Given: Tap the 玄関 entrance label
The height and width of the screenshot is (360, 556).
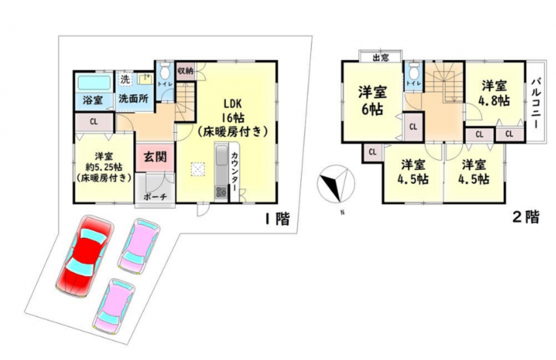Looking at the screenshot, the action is tap(155, 156).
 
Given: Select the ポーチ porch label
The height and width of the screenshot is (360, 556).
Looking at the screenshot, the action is tap(155, 197).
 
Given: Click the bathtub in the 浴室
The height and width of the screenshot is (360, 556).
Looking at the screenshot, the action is tap(94, 83).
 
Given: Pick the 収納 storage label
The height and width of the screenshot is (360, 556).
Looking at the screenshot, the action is tap(185, 70).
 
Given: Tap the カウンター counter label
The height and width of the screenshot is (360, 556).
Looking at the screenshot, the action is tap(235, 172).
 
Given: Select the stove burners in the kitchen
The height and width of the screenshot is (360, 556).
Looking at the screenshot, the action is tap(221, 192).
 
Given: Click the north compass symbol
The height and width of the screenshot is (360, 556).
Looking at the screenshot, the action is tap(335, 184).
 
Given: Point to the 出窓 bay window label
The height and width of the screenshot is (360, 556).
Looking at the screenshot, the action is tap(380, 57).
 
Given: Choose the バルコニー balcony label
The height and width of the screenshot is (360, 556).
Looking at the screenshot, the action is tap(535, 103).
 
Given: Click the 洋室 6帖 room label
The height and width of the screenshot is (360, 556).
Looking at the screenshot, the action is tap(373, 100).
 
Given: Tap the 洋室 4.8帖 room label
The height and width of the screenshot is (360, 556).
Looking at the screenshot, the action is tap(494, 93).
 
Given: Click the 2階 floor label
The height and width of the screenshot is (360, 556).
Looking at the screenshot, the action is tap(526, 217).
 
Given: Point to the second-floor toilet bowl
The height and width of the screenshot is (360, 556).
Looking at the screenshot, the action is tap(413, 72).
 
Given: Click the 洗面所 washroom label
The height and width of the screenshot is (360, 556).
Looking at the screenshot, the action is tap(133, 98).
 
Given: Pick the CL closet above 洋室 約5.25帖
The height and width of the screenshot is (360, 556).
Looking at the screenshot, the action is tap(93, 122).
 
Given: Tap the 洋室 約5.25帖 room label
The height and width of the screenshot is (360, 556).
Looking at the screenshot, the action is tap(103, 167).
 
